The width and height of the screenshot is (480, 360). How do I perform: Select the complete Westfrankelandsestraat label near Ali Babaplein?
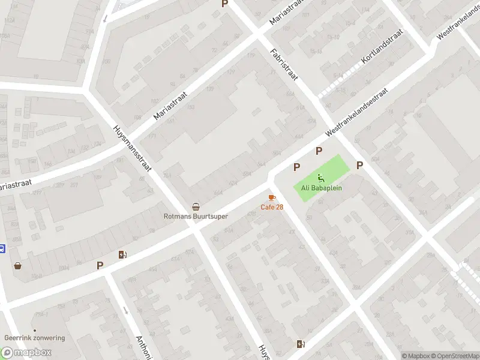coord(356,112)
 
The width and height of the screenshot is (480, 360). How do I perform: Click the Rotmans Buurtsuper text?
coord(196,216)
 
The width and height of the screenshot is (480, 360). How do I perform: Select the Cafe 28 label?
coord(272,207)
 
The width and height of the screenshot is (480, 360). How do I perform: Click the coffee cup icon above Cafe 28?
coord(272,197)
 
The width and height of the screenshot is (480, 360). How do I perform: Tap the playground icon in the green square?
coord(321,178)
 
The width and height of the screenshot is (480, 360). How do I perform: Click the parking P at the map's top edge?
coord(225,4)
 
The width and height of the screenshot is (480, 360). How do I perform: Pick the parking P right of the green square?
coord(360,166)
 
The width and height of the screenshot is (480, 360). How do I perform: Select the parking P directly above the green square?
coord(319,151)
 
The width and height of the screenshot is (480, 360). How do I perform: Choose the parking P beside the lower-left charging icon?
coord(100,265)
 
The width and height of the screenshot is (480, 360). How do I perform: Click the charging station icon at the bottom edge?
coord(301,344)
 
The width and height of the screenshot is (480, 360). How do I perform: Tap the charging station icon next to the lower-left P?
coord(123,254)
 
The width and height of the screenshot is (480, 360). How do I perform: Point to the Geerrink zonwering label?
coord(34,338)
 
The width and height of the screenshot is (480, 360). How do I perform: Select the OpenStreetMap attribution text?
coord(455,356)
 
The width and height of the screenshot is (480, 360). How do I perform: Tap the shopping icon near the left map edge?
coord(18,266)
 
